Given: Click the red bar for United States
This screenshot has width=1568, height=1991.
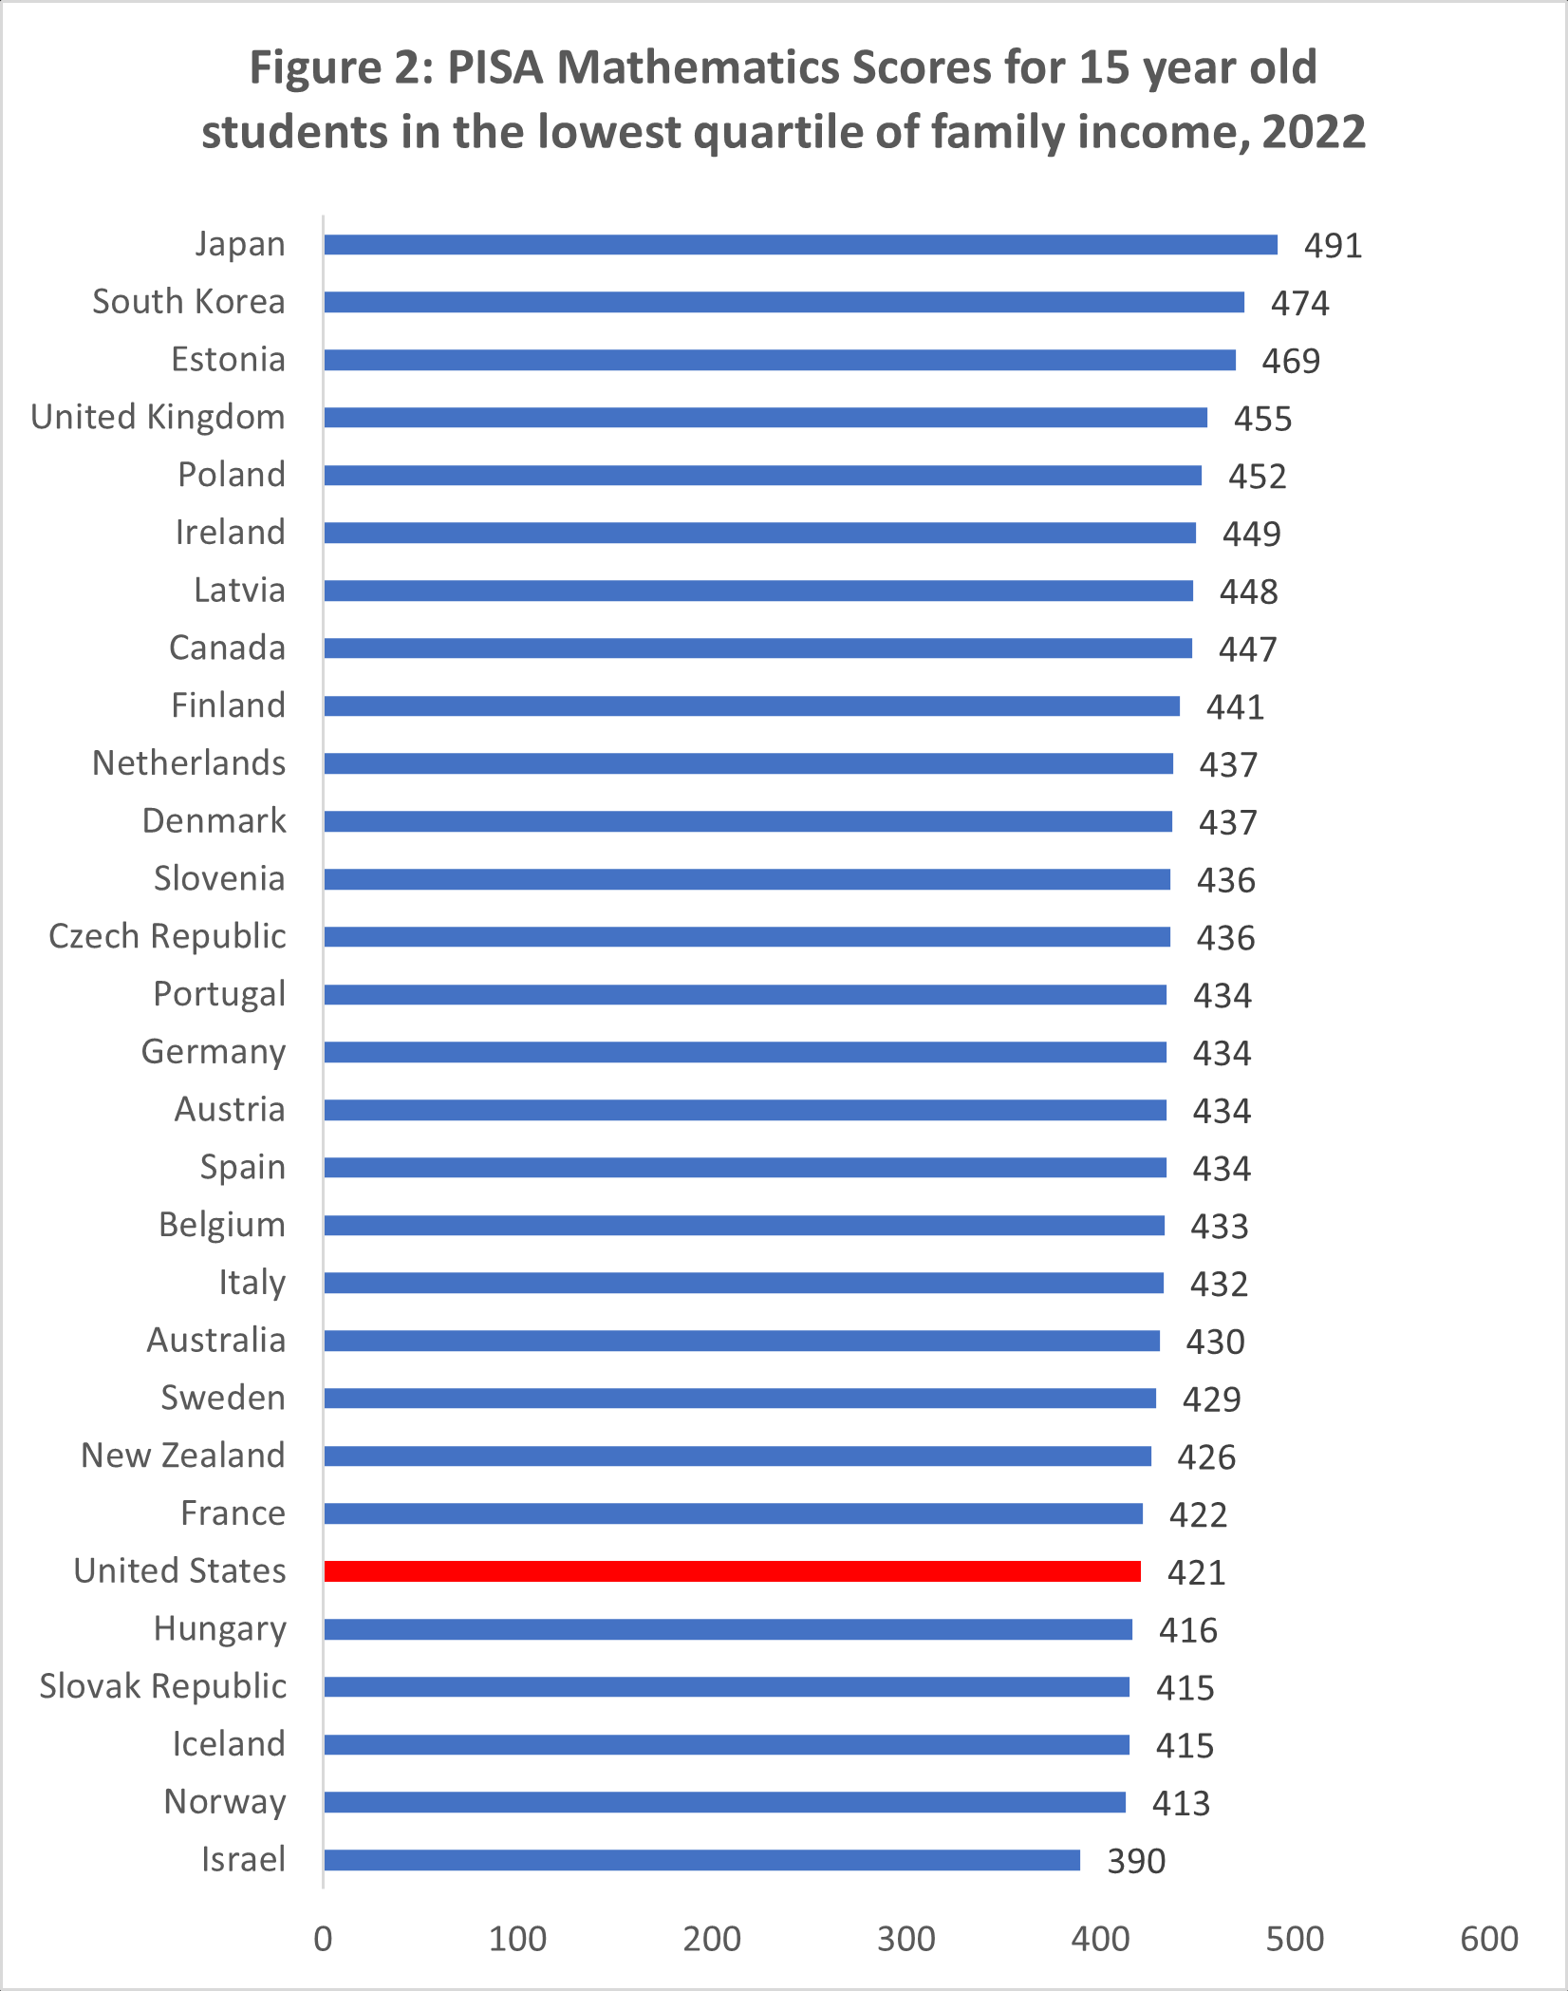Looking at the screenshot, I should click(x=732, y=1571).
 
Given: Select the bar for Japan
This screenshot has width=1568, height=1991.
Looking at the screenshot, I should click(x=800, y=245).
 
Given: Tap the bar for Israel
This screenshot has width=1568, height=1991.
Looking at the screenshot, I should click(x=701, y=1860).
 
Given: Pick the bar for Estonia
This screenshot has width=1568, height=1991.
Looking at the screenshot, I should click(x=779, y=361).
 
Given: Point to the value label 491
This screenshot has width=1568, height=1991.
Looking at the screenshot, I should click(x=1333, y=246).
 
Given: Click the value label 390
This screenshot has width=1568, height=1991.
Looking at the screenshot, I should click(x=1136, y=1861).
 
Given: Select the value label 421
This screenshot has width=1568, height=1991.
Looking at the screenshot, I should click(x=1196, y=1572).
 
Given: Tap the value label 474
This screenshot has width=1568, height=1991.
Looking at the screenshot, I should click(x=1299, y=304).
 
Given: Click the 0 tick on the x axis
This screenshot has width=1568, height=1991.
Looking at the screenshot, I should click(x=323, y=1939).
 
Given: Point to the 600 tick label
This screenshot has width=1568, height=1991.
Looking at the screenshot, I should click(x=1489, y=1939).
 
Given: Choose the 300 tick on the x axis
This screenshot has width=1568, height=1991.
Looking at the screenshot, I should click(x=906, y=1939).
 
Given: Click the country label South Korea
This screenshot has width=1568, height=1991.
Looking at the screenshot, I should click(x=189, y=302).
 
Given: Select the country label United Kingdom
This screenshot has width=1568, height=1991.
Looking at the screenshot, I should click(x=158, y=418).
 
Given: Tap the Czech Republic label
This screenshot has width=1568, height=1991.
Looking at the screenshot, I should click(x=167, y=936).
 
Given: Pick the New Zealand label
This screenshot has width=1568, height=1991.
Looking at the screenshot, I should click(x=183, y=1456).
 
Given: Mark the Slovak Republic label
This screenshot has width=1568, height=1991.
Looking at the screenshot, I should click(x=162, y=1686).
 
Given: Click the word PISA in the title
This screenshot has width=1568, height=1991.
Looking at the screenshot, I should click(x=495, y=68).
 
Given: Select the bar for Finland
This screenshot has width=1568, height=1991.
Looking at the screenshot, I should click(x=751, y=706).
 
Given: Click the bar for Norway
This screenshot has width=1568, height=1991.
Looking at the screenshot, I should click(x=724, y=1802).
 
